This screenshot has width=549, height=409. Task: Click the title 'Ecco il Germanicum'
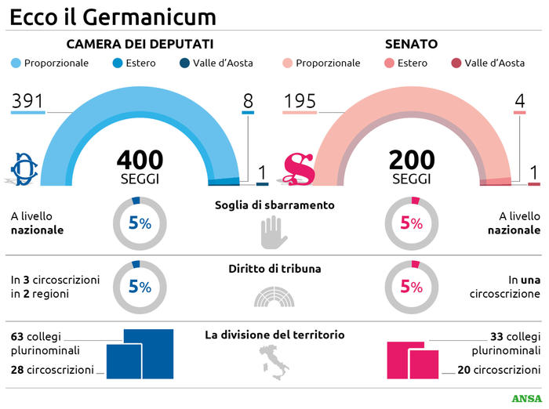pos(113,16)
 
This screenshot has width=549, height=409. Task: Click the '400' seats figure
pos(140,160)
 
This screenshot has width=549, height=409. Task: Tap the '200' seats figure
pos(412,160)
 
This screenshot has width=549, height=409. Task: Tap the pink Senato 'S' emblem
pos(298,168)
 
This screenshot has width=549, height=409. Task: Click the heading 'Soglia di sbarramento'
pos(274,205)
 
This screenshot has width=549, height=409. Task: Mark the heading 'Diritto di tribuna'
pos(274,269)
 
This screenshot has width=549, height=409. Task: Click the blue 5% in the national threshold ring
pos(140,223)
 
